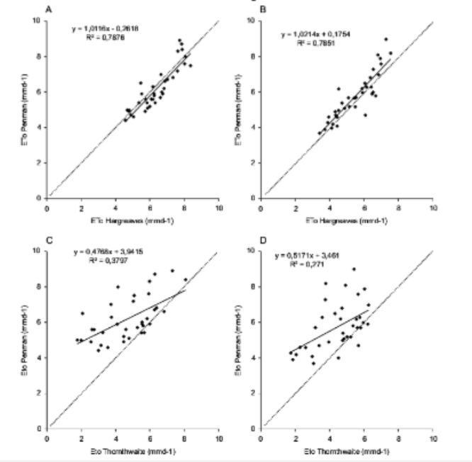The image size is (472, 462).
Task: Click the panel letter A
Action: coord(48,9)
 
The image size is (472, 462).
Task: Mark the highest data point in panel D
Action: coord(354,269)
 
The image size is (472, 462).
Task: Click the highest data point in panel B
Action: coord(386,40)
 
